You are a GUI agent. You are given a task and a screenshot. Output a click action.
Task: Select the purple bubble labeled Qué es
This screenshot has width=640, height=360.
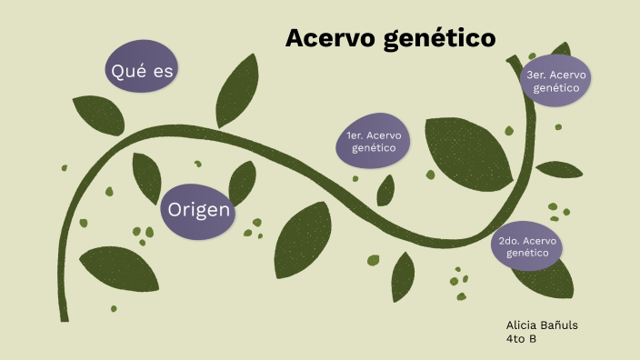pos(141,69)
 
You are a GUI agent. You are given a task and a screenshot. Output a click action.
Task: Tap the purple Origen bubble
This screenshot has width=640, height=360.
pos(198,211)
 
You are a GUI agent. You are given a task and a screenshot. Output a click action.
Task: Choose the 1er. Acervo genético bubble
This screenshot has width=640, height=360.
pos(373,141)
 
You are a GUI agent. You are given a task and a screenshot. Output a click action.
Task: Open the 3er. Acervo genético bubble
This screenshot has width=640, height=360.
pos(555,81)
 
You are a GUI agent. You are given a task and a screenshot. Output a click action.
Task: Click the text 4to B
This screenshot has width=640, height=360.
pos(521,338)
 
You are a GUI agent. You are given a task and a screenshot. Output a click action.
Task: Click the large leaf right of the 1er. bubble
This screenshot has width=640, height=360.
pos(469,155)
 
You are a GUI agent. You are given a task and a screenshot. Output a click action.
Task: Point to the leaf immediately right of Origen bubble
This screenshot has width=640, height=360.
pos(244,182)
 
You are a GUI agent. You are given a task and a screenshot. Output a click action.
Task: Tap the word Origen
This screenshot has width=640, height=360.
pos(198,211)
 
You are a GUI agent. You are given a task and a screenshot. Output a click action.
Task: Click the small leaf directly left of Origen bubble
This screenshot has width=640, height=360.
pos(145,175)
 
